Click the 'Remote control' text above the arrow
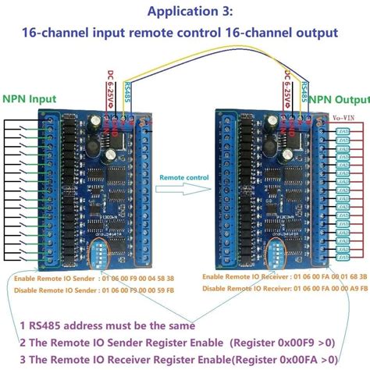pos(184,178)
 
